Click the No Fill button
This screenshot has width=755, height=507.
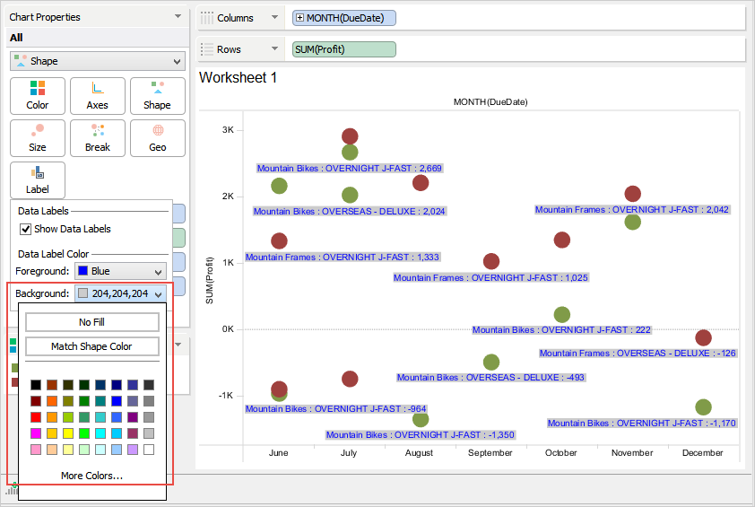pos(92,322)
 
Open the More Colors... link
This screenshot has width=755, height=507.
pos(92,475)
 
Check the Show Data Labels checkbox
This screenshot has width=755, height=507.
pos(25,229)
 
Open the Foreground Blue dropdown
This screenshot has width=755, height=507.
pos(120,270)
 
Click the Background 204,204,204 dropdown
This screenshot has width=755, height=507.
pos(120,293)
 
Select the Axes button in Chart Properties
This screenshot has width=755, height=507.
pos(97,95)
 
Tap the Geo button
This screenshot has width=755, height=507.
pos(157,137)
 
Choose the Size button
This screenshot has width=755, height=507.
pos(37,137)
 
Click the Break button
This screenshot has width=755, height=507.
pos(97,137)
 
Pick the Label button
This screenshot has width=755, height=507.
pos(37,179)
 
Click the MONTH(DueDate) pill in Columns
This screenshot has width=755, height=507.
pos(344,18)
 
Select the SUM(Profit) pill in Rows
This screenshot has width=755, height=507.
pos(344,49)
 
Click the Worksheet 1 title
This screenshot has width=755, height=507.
pos(238,78)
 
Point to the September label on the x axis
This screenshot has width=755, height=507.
pos(490,453)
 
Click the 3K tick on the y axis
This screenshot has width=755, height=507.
pos(228,130)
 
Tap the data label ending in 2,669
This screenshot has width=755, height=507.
pos(350,168)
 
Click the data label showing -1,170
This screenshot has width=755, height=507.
pos(641,424)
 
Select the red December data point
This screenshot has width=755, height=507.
pos(703,337)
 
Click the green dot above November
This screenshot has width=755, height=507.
pos(632,222)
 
